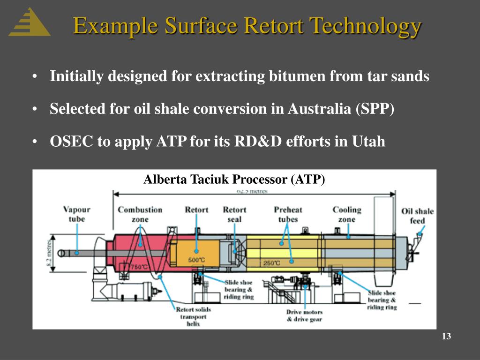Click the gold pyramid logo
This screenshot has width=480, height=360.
click(x=29, y=23)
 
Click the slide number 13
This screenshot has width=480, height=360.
click(x=446, y=337)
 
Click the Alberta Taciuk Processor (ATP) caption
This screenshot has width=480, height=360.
click(x=234, y=180)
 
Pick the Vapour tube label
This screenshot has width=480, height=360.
click(x=76, y=214)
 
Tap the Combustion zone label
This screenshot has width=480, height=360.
click(x=140, y=214)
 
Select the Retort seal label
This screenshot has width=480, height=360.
click(x=234, y=214)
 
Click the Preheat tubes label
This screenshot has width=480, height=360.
click(x=287, y=214)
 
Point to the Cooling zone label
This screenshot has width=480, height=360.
click(x=347, y=214)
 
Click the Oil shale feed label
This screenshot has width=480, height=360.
click(x=417, y=216)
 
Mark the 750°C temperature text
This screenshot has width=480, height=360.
click(x=139, y=267)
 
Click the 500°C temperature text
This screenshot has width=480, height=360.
click(x=196, y=260)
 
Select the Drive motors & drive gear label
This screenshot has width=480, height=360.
click(x=304, y=315)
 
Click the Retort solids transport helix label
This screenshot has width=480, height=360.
click(x=193, y=316)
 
